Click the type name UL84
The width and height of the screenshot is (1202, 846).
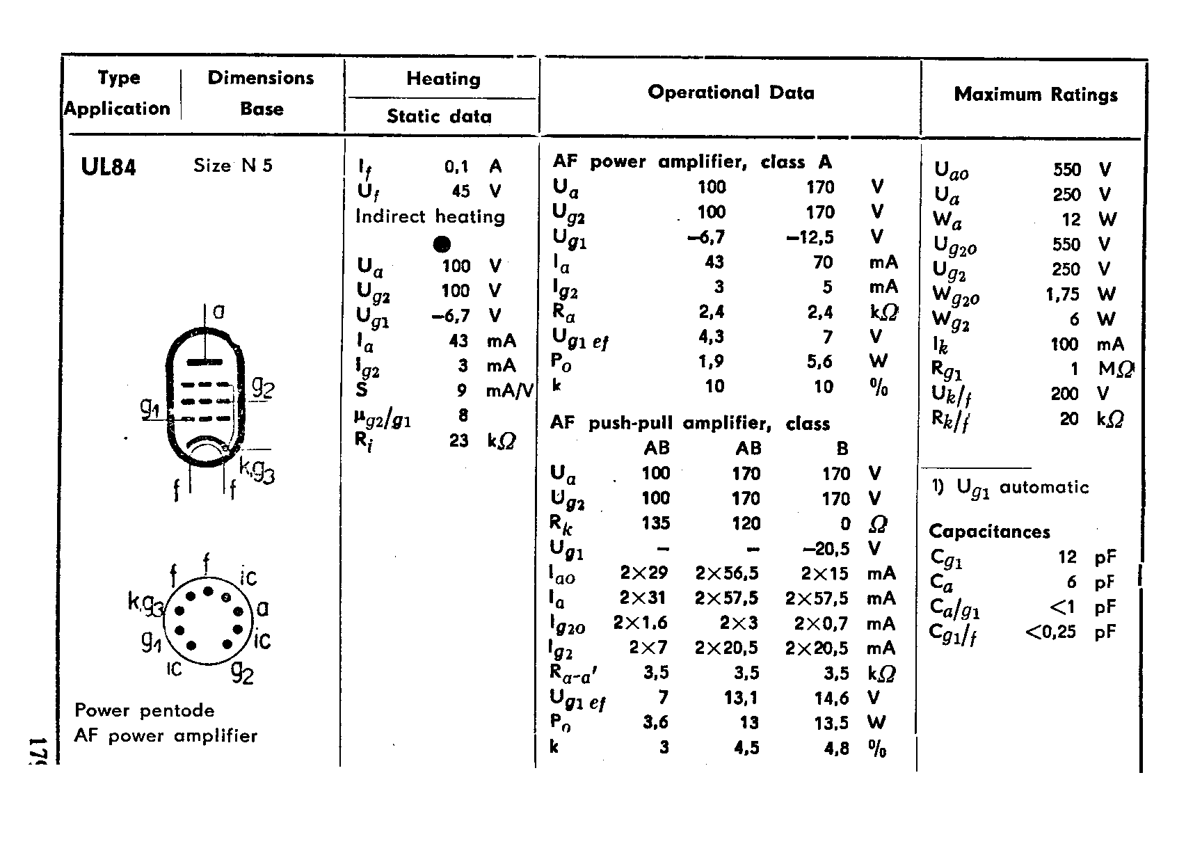tap(109, 167)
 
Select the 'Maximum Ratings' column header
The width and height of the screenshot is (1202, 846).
tap(1036, 95)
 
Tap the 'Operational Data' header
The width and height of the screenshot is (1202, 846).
tap(730, 93)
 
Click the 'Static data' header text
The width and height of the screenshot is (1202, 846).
tap(439, 116)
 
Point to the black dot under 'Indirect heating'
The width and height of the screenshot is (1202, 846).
tap(442, 244)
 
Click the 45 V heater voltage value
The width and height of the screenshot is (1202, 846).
tap(460, 191)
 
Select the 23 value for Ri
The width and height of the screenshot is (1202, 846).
tap(458, 440)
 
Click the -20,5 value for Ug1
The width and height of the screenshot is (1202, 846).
tap(826, 549)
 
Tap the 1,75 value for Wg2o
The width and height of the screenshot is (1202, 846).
tap(1062, 294)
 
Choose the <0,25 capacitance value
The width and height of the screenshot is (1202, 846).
tap(1050, 632)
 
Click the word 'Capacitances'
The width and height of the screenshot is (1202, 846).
tap(989, 532)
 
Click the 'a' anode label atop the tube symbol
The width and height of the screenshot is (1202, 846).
tap(218, 311)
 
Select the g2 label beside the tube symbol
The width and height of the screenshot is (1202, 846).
tap(263, 387)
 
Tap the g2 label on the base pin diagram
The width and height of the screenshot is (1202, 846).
tap(243, 671)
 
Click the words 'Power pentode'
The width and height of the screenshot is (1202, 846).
tap(145, 710)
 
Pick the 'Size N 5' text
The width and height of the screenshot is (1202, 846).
tap(233, 166)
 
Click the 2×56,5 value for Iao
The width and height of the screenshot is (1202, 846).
tap(726, 573)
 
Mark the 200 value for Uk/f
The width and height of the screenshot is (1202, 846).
tap(1064, 394)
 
